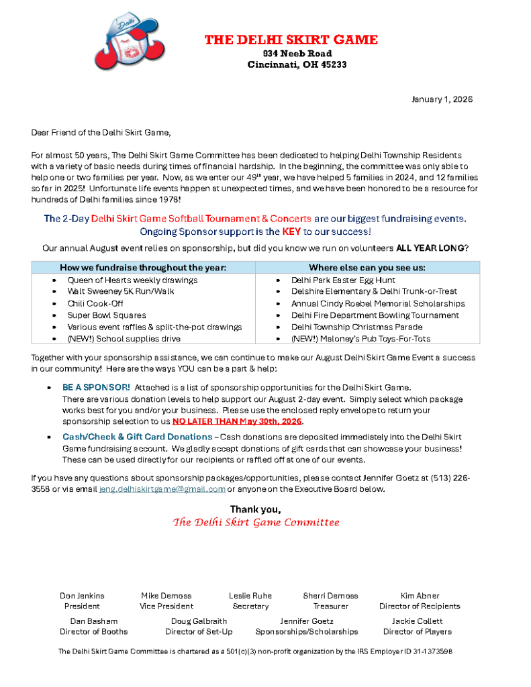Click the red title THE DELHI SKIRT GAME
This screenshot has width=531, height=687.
(291, 40)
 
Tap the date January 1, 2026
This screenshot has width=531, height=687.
(442, 99)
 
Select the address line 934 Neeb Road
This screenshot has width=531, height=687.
(297, 54)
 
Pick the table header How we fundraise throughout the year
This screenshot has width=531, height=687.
(143, 267)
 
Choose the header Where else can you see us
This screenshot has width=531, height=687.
(367, 267)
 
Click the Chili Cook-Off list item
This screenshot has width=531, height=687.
(95, 303)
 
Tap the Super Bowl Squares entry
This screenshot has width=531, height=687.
(106, 315)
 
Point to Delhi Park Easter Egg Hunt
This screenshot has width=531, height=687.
(343, 280)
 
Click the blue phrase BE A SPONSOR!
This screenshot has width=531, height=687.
(96, 388)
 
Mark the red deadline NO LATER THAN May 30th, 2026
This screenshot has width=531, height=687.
(238, 421)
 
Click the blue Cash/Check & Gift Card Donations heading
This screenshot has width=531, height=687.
(138, 437)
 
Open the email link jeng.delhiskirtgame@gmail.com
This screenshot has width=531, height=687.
(162, 489)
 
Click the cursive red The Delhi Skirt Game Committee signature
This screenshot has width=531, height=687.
(256, 522)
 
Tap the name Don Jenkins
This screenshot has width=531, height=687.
(82, 596)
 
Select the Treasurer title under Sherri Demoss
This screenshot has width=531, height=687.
(330, 606)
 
